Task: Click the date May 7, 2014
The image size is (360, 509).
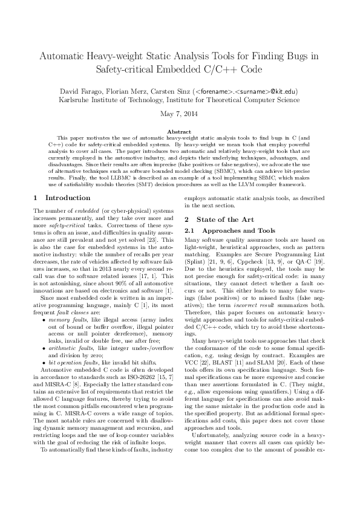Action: (180, 114)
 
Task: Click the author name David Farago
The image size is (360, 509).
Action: (78, 91)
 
